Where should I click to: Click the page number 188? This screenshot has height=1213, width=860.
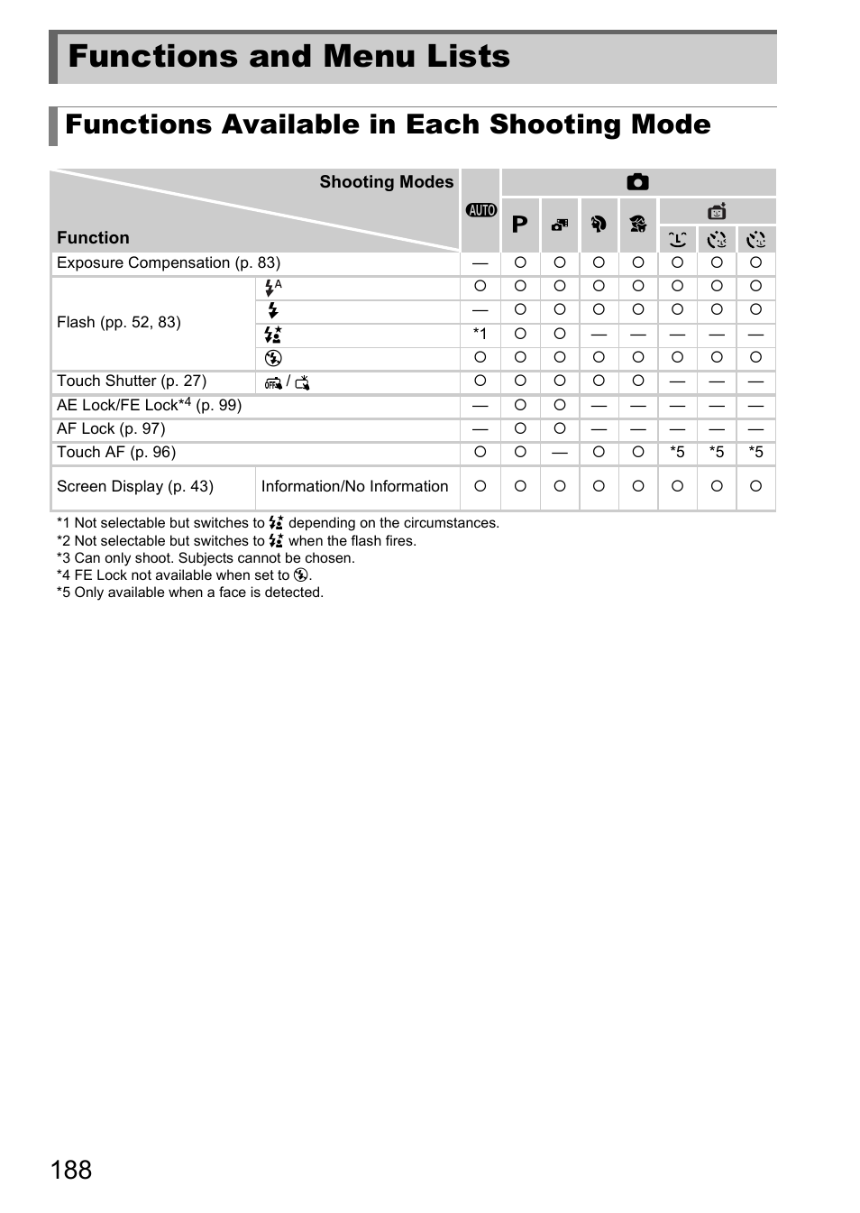(71, 1170)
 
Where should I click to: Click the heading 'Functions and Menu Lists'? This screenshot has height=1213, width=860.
(288, 57)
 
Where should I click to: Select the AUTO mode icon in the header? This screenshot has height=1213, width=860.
(481, 210)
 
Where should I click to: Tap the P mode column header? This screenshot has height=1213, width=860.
(520, 225)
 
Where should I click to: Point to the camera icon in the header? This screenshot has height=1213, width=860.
(637, 182)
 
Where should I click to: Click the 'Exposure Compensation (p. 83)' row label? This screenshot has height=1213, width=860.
(169, 263)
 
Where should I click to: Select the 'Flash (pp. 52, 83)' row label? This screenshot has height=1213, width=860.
(119, 323)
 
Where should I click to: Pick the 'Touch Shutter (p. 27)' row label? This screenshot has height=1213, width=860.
(132, 381)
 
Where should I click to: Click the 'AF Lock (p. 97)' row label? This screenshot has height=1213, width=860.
(111, 429)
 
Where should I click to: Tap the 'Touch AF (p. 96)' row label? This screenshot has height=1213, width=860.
(116, 453)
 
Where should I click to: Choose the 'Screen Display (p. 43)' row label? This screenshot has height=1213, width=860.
(135, 487)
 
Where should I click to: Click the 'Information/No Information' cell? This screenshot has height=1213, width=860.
(354, 487)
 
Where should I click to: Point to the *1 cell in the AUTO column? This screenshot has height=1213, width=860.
(480, 335)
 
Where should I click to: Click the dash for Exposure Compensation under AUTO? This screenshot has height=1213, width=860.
(480, 263)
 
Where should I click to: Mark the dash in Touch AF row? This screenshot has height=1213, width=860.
(560, 453)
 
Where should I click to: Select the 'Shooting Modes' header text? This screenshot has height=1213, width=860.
(386, 182)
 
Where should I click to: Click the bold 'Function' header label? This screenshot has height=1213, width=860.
(93, 238)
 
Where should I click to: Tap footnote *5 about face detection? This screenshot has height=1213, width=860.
(190, 593)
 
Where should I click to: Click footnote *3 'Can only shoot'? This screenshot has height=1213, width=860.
(206, 558)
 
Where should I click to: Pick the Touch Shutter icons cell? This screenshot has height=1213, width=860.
(288, 382)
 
